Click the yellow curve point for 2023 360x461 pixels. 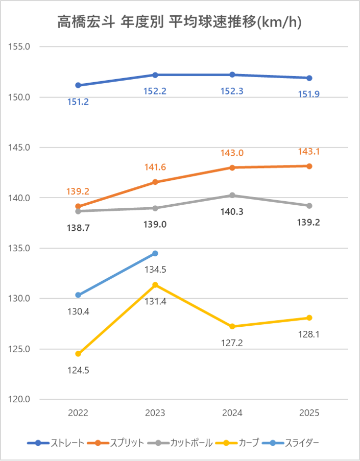tap(155, 285)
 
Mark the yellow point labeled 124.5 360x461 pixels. tap(78, 354)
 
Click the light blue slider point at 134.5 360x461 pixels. tap(155, 253)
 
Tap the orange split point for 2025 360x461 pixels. tap(309, 166)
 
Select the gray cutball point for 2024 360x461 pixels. tap(232, 195)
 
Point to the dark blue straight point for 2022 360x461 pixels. tap(78, 85)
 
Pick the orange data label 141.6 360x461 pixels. tap(155, 167)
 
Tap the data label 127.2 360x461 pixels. tap(232, 343)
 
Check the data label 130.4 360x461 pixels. tap(78, 311)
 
